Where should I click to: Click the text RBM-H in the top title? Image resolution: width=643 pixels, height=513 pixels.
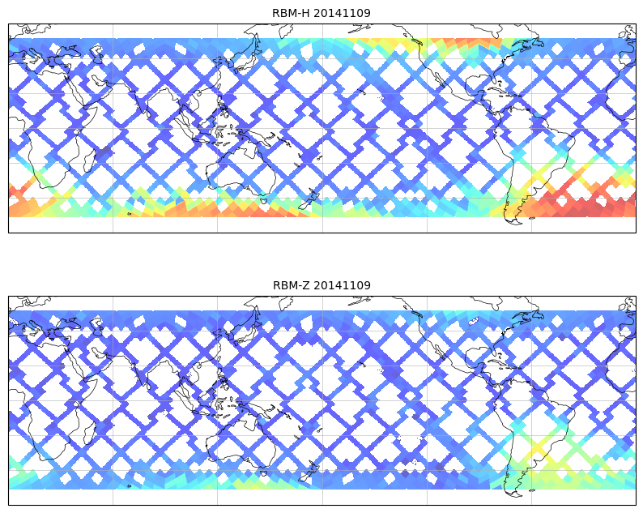(x=290, y=13)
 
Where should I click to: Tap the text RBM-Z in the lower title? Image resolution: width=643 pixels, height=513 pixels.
(x=290, y=285)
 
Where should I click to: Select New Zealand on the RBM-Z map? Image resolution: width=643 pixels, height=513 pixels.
(x=309, y=472)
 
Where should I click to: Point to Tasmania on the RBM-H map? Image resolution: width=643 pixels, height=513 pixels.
(x=263, y=200)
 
